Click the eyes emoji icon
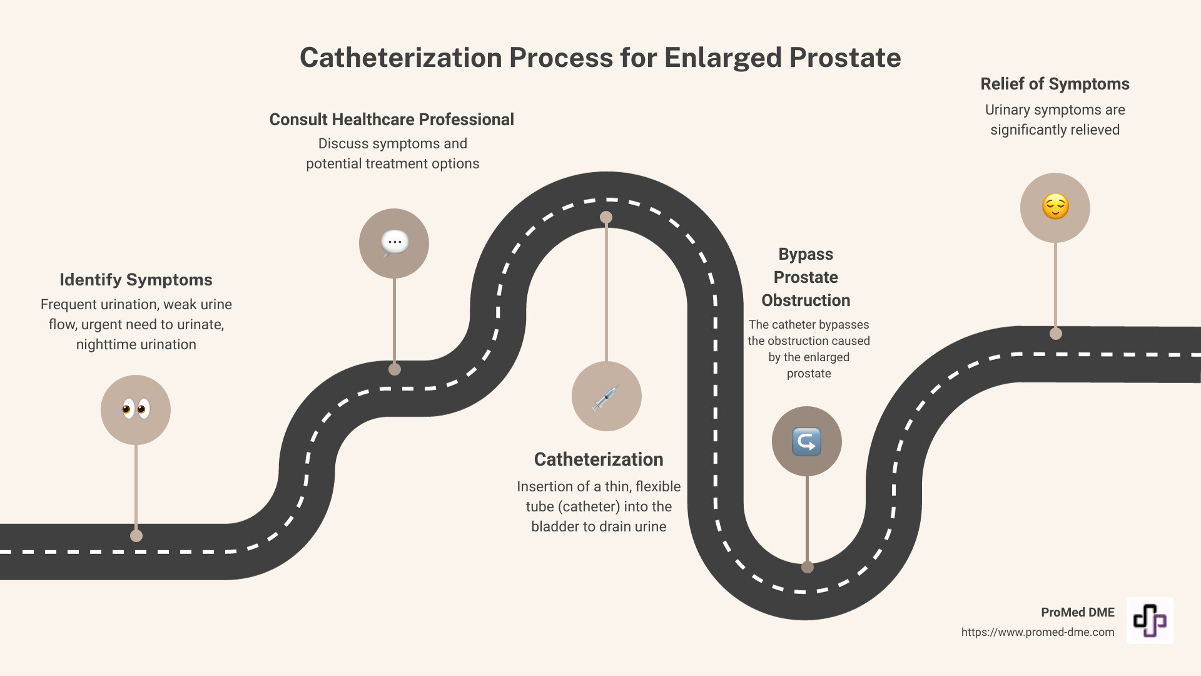[136, 409]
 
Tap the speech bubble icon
[394, 243]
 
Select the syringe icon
[606, 396]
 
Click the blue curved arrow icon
[806, 441]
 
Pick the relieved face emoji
[1055, 207]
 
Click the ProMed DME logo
[1150, 620]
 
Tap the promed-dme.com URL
[1038, 632]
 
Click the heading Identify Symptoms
[136, 280]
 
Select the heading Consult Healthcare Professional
[392, 120]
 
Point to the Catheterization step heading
[599, 459]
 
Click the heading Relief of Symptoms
[1055, 84]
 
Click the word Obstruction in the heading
[806, 300]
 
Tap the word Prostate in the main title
[844, 58]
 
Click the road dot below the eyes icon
[136, 536]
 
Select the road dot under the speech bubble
[395, 369]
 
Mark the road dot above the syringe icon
[606, 217]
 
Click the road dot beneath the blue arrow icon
[808, 567]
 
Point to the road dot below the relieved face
[1056, 334]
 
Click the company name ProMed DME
[1077, 612]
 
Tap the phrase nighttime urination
[136, 344]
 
